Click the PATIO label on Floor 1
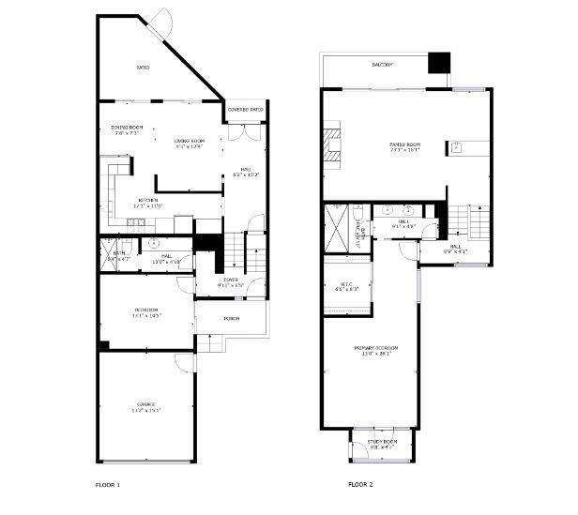coord(143,68)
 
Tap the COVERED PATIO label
coord(245,110)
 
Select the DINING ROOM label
coord(127,129)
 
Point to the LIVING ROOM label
coord(189,142)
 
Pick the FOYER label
coord(231,280)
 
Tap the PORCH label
coord(231,318)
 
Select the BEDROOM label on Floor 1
coord(146,311)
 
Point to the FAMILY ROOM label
coord(404,144)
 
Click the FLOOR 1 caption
coord(108,485)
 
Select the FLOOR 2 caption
coord(360,485)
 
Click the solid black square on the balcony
coord(439,63)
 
